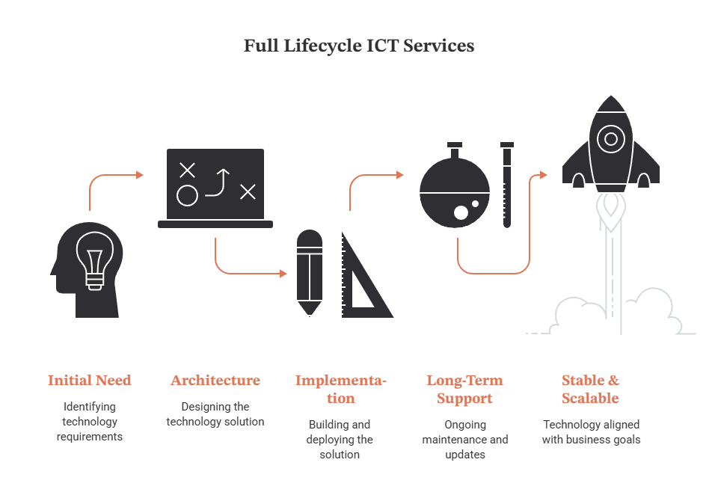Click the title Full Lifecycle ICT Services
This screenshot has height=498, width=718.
[x=358, y=46]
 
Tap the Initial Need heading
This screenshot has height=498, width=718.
[x=89, y=381]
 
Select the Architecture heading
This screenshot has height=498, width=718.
[x=215, y=381]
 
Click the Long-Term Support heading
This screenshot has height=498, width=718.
[x=464, y=389]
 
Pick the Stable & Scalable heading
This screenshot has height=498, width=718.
[x=590, y=389]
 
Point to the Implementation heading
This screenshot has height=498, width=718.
[x=341, y=389]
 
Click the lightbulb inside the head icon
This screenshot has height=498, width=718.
[x=95, y=260]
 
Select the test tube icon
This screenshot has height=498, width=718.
[x=507, y=185]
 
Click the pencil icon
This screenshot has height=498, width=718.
[x=310, y=273]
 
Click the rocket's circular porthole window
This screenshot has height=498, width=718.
[x=611, y=138]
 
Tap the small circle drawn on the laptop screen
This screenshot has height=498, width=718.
[x=187, y=195]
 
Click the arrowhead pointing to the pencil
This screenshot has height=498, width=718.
[x=283, y=274]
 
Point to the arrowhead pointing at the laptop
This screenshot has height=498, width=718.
[x=140, y=175]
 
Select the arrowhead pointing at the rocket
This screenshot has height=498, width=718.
[x=544, y=175]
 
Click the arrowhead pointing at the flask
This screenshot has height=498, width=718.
[x=399, y=175]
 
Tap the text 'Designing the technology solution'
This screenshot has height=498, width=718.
[x=215, y=414]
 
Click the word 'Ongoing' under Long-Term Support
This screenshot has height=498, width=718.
[x=465, y=425]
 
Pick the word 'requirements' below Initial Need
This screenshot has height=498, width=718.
[x=90, y=437]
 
